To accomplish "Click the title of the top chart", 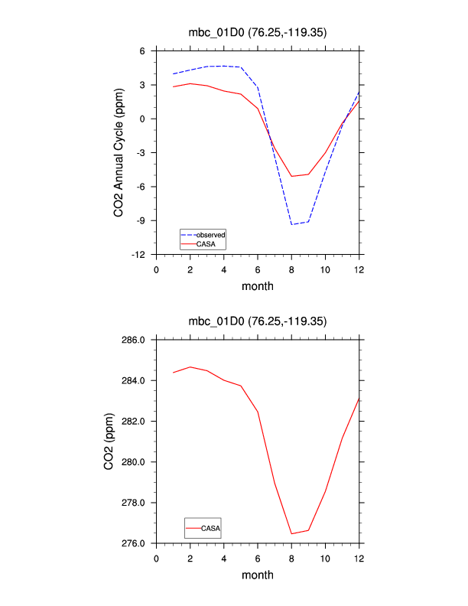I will pos(258,32).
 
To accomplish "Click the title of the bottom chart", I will pos(258,321).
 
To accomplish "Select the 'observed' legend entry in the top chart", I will pos(210,234).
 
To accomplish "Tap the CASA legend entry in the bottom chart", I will pos(211,528).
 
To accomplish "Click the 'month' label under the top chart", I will pos(258,286).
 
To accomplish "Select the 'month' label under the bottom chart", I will pos(258,575).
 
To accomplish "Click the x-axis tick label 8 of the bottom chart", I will pos(291,557).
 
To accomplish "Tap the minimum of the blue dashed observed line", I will pos(291,224).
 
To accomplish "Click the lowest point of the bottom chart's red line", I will pos(291,534).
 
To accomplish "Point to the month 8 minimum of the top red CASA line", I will pos(291,176).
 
